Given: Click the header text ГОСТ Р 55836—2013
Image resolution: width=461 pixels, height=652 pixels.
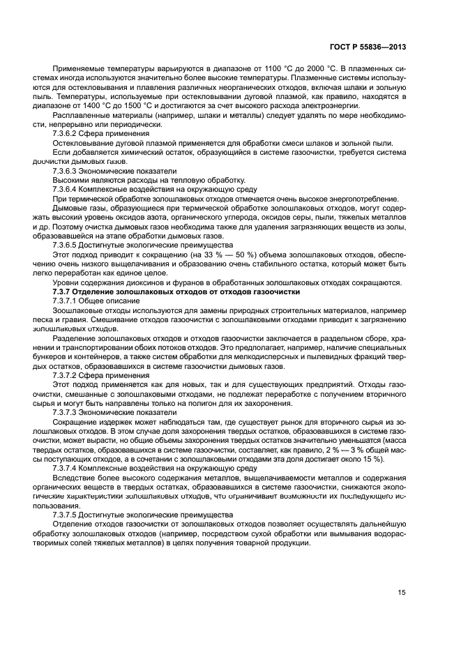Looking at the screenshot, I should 374,47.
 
